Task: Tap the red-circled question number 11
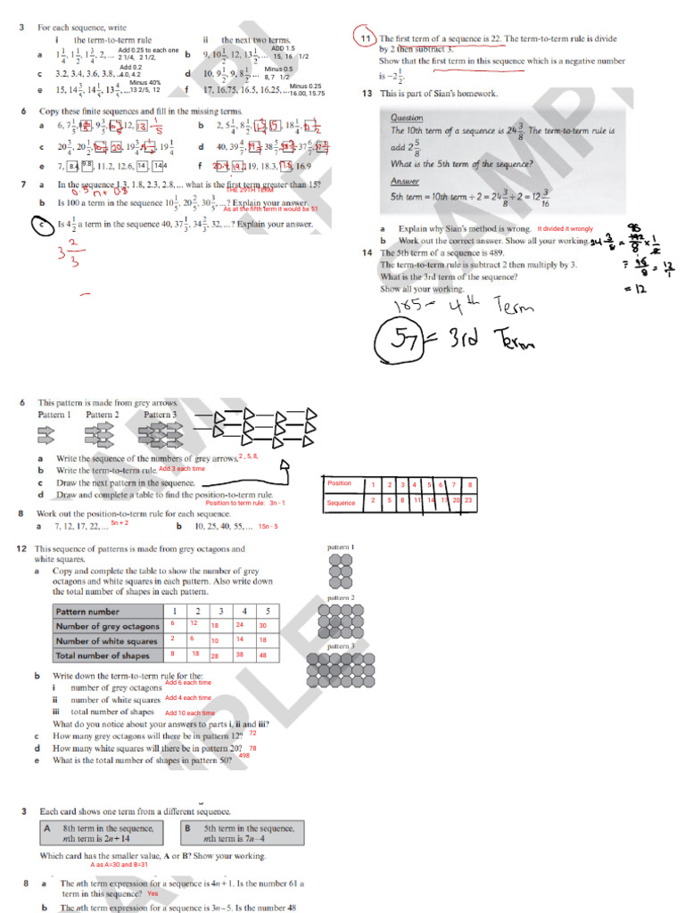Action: point(366,39)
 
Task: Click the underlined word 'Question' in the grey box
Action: point(407,117)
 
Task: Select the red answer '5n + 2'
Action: point(120,523)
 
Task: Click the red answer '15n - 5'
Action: point(268,526)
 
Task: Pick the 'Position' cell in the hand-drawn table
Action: point(341,483)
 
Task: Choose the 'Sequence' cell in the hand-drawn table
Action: point(342,503)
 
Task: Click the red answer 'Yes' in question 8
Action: point(153,892)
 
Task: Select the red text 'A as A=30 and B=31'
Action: point(119,864)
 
